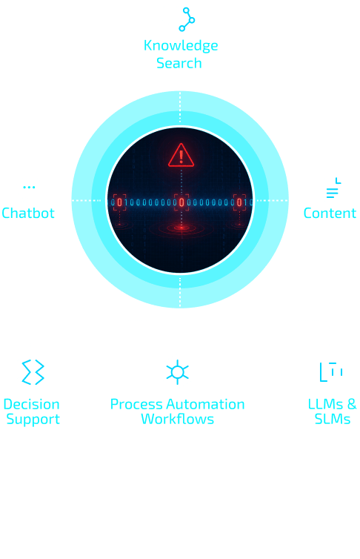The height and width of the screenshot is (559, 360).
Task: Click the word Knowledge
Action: tap(181, 46)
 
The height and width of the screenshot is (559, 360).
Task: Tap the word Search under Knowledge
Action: tap(179, 63)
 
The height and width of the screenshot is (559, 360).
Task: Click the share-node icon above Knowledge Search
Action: tap(187, 19)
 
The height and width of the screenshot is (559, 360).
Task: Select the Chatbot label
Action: tap(28, 213)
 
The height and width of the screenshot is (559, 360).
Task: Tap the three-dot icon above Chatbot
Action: tap(29, 187)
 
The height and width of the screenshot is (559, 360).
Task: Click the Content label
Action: tap(330, 213)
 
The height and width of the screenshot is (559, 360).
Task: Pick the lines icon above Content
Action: tap(333, 188)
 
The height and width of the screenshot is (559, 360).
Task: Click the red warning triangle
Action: tap(181, 155)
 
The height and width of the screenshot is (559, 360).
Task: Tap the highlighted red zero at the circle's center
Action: tap(181, 202)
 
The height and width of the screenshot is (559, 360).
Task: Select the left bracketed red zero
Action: tap(120, 202)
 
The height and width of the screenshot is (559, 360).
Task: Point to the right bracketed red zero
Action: tap(240, 202)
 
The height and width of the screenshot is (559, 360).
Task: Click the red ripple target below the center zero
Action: tap(181, 228)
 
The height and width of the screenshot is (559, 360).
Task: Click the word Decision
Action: tap(31, 404)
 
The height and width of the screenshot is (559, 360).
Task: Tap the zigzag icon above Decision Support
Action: tap(33, 372)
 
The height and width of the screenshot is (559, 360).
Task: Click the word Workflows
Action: tap(177, 419)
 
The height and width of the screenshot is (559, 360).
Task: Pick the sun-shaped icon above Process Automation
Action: tap(177, 372)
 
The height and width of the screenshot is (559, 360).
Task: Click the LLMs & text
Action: tap(333, 404)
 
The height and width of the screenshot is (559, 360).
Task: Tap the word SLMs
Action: tap(333, 419)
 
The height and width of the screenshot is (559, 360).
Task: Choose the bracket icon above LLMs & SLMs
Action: tap(331, 372)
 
